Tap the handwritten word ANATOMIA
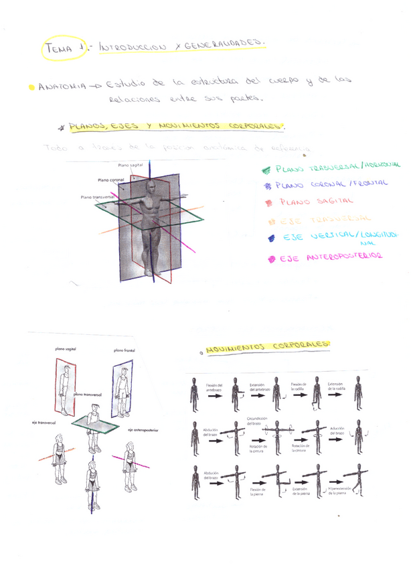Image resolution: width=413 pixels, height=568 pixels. point(62,87)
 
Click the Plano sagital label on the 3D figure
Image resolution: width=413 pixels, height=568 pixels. point(131,165)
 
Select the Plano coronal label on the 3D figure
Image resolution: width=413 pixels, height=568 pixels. point(111,180)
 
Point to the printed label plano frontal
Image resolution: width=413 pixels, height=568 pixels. point(125,350)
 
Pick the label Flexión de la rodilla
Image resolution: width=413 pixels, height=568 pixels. point(299,386)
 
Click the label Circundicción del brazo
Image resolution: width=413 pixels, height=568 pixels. point(257,421)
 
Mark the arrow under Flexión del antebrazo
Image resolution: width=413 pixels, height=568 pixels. point(216,396)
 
